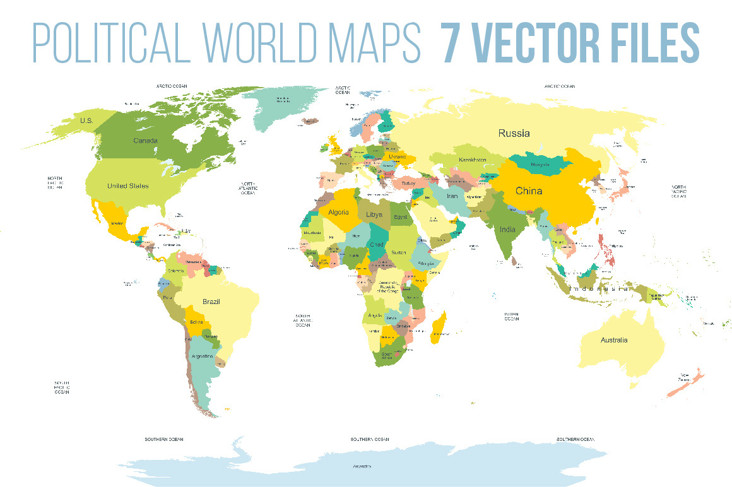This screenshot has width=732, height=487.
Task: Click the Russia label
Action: click(x=514, y=133)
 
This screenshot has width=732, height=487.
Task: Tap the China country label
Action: click(x=528, y=191)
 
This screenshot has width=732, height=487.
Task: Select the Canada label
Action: click(x=145, y=140)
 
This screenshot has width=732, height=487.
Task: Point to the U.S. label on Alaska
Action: click(x=86, y=120)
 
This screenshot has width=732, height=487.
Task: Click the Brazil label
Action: click(x=211, y=302)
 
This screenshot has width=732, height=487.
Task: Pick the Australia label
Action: click(x=613, y=340)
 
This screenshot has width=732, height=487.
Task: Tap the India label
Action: click(x=507, y=230)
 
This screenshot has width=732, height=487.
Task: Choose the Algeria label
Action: click(x=338, y=212)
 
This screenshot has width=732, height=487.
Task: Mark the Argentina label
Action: click(x=202, y=356)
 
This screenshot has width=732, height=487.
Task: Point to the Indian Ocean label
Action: click(x=511, y=316)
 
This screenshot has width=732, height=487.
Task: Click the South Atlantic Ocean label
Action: click(x=302, y=320)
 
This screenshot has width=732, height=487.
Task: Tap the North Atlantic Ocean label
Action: click(x=247, y=188)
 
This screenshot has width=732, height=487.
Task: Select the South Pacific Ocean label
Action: click(x=61, y=387)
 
